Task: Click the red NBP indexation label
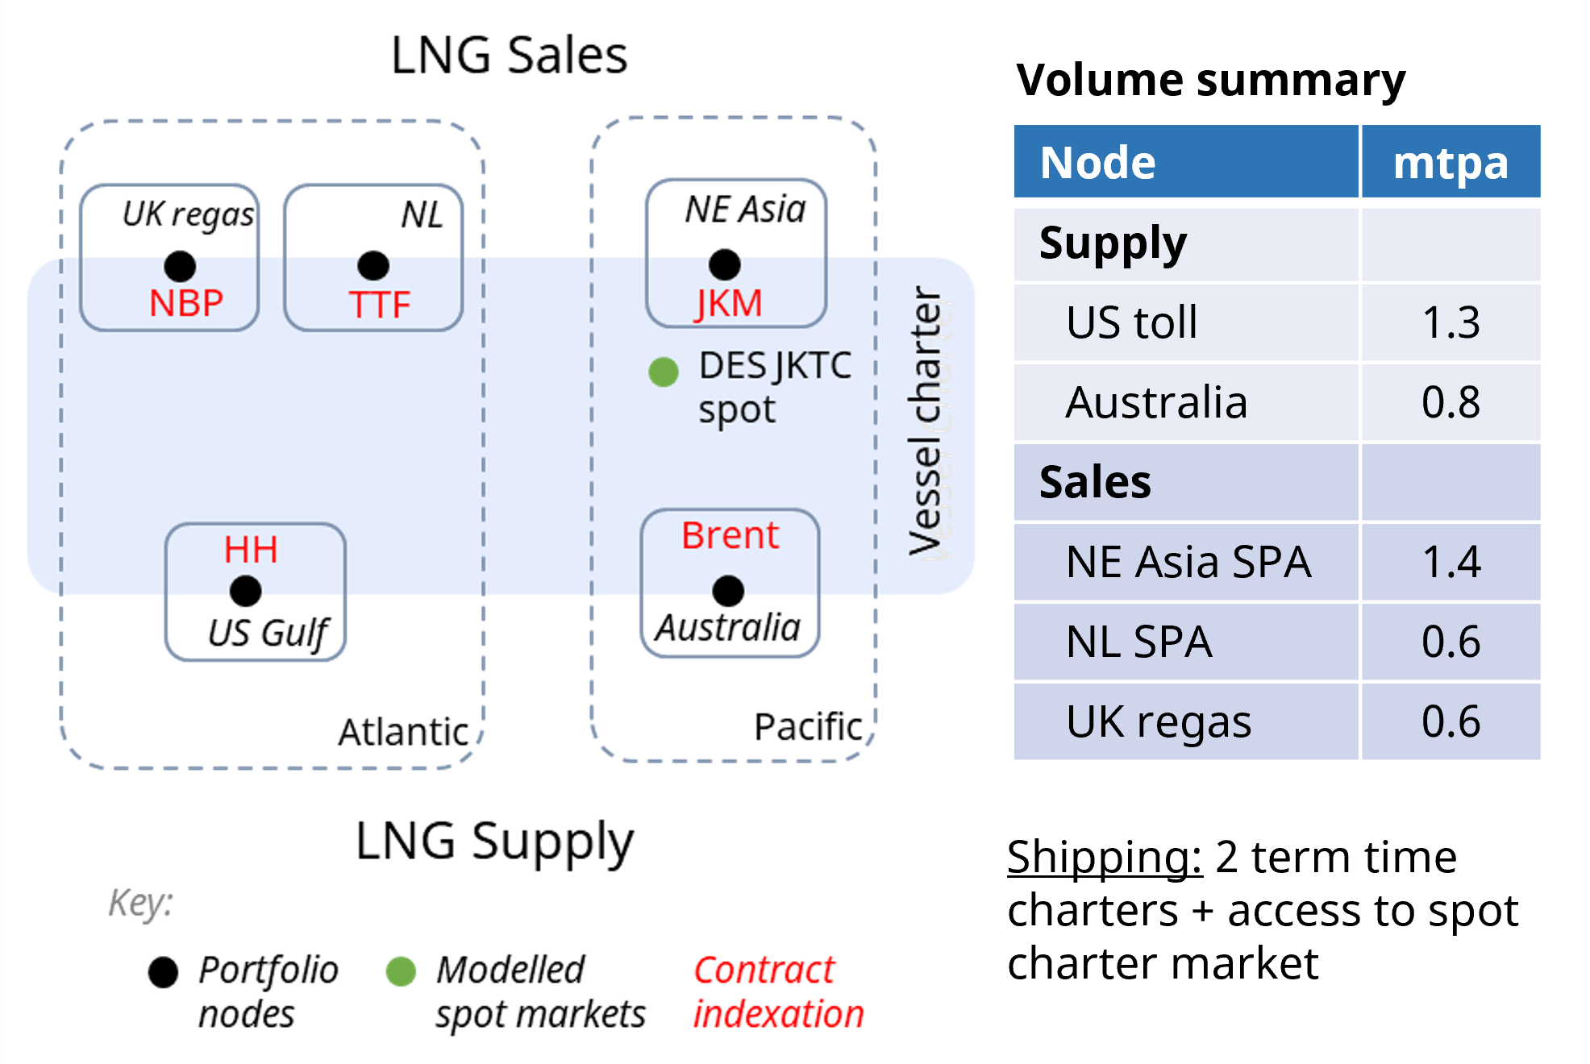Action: (186, 304)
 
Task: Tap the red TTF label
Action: (380, 305)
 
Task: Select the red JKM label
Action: (729, 304)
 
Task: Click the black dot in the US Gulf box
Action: (245, 591)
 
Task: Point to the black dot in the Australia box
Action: (728, 591)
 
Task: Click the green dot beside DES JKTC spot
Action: (664, 372)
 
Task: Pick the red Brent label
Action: (730, 535)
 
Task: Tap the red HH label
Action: (251, 550)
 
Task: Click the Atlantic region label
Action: (403, 732)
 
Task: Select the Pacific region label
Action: (808, 727)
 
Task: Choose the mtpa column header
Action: (1451, 163)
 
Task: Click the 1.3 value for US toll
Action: (1451, 322)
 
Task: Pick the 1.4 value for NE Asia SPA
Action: (1451, 562)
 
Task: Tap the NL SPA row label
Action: (1138, 642)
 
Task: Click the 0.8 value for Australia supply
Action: (1451, 402)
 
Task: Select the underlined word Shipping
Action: (1105, 858)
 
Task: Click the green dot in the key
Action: (401, 971)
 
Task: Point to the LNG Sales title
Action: (509, 56)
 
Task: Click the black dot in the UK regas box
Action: (180, 266)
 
